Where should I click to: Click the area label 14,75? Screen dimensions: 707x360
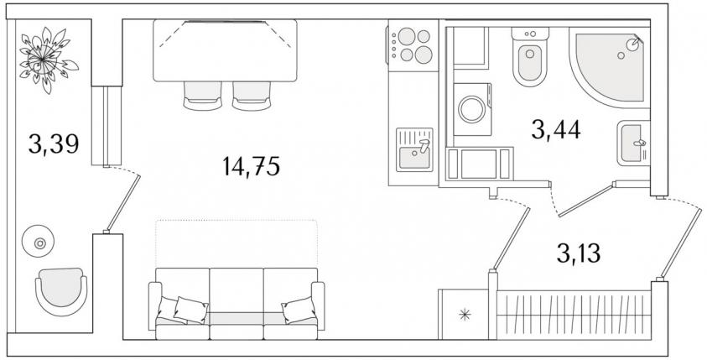point(251,166)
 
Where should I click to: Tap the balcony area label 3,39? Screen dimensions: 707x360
point(54,144)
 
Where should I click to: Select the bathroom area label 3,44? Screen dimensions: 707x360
point(555,130)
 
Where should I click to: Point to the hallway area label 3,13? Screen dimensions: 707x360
point(579,254)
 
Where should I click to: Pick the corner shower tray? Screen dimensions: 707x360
point(609,68)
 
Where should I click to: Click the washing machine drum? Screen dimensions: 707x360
point(472,109)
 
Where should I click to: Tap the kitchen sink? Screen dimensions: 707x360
point(414,150)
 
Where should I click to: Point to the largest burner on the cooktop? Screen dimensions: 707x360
point(424,55)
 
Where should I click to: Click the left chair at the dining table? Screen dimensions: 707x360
point(203,96)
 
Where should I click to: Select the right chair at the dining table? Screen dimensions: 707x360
point(252,96)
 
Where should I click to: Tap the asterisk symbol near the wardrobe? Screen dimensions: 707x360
point(465,315)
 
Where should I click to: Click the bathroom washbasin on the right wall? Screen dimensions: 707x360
point(633,143)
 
